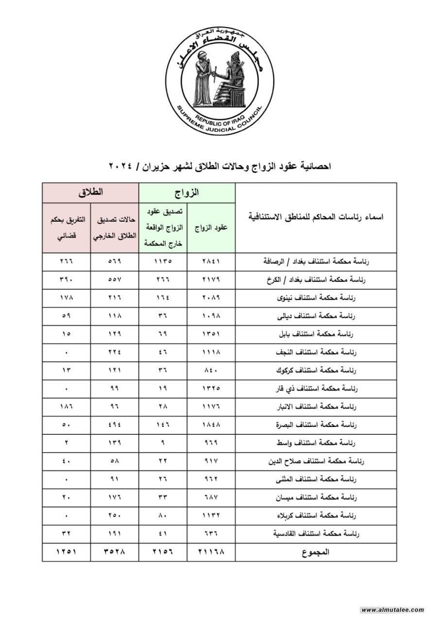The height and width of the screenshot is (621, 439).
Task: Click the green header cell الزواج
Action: [x=187, y=193]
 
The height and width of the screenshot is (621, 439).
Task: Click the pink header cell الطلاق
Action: [x=90, y=193]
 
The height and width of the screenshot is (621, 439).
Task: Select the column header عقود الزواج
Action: [x=211, y=228]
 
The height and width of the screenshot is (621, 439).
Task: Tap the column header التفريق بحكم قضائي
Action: [x=67, y=228]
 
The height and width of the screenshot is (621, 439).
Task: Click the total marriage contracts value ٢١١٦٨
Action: [x=211, y=552]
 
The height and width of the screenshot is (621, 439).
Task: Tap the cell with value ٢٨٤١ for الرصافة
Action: [x=211, y=261]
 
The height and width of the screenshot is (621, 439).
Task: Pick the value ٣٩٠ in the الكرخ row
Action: [x=67, y=280]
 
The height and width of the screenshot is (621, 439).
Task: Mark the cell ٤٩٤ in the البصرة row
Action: [x=115, y=425]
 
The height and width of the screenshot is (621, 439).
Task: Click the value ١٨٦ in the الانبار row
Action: [x=67, y=407]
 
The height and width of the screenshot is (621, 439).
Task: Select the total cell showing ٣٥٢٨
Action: [x=115, y=552]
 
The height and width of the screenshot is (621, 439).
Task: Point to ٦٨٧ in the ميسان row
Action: [x=211, y=497]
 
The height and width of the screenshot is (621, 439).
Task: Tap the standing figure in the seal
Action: [x=201, y=80]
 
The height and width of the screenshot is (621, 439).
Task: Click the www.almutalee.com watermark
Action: [x=393, y=610]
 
